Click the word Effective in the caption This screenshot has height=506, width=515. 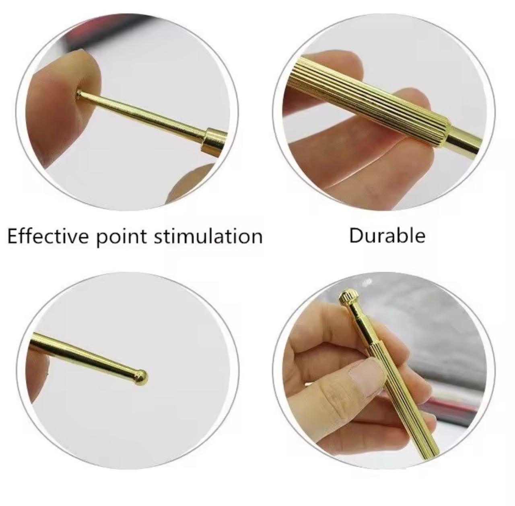click(47, 236)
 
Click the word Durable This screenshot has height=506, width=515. click(387, 236)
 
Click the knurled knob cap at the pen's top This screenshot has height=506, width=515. click(348, 298)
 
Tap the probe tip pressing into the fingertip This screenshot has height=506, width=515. click(79, 94)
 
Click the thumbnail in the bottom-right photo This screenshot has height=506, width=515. click(366, 374)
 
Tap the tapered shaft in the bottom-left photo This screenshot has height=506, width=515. click(86, 353)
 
